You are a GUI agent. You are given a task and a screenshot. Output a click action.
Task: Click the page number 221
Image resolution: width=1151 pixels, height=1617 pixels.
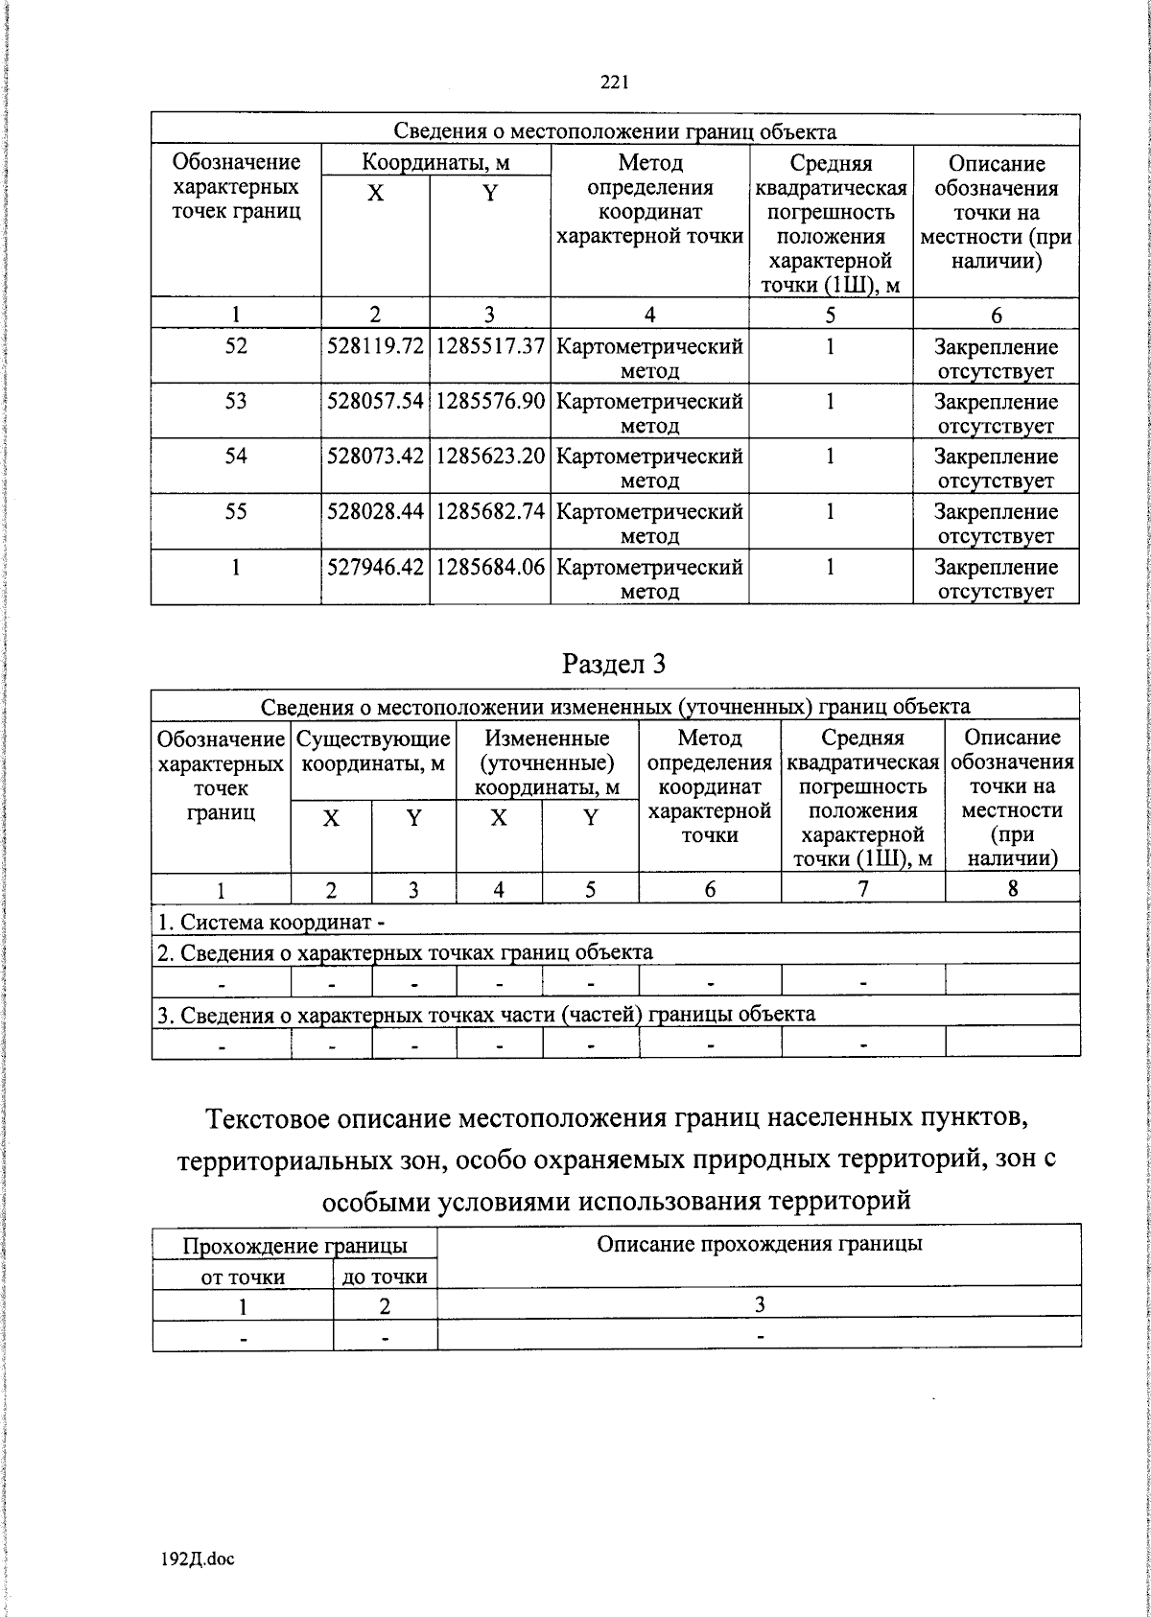[614, 83]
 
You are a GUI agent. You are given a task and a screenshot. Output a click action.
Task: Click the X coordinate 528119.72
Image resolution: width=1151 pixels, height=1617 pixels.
[375, 346]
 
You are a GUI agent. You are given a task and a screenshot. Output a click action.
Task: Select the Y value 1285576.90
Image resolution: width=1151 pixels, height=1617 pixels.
[490, 401]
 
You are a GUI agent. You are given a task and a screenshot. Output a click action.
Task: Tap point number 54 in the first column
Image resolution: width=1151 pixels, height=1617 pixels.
[236, 457]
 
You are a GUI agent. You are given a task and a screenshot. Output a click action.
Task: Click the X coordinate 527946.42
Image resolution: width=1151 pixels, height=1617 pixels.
[375, 567]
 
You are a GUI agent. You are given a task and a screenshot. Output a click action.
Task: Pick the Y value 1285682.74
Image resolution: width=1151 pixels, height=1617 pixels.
[490, 511]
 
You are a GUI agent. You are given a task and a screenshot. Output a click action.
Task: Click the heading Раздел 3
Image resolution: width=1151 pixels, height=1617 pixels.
[614, 663]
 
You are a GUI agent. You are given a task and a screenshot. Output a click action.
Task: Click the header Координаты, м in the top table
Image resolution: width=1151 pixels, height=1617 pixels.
[435, 162]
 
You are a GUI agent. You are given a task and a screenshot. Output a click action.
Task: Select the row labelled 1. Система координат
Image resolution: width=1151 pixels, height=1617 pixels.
[271, 923]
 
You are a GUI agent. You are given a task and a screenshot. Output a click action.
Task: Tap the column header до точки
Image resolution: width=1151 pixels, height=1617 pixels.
[385, 1277]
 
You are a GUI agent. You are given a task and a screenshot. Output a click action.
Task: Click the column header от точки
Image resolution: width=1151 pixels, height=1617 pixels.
[243, 1277]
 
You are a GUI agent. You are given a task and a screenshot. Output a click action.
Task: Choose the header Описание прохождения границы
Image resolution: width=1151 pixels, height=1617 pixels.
[759, 1245]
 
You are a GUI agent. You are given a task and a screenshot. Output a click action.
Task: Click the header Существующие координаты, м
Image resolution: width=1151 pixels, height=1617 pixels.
[373, 751]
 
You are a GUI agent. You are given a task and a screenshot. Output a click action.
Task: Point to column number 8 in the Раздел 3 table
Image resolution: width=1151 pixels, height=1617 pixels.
[1012, 889]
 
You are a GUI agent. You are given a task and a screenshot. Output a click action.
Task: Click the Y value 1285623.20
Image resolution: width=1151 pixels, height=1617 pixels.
[490, 457]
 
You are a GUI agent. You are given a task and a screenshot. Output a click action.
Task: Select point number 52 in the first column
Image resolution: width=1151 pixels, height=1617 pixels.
[236, 346]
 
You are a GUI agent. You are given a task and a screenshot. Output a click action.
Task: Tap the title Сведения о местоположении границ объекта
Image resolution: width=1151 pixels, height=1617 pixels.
[615, 131]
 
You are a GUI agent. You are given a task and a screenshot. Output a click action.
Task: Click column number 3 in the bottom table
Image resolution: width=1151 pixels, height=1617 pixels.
[759, 1305]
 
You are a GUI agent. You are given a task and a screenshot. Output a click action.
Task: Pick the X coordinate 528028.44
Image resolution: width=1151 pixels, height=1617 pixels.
[375, 511]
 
